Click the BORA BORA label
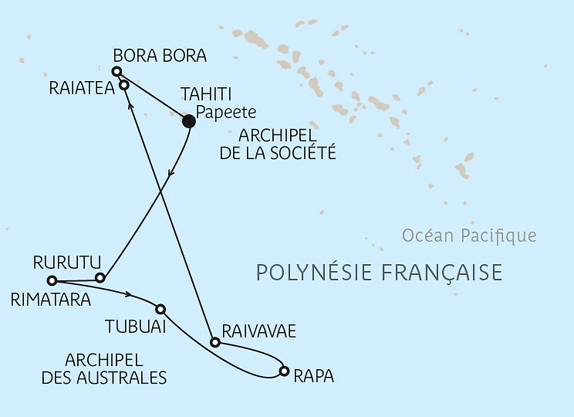[160, 56]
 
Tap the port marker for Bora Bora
[116, 72]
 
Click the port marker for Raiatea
[123, 86]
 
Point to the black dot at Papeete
[187, 120]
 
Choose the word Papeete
[225, 112]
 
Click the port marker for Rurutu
[100, 277]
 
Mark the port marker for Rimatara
[52, 280]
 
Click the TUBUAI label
[136, 327]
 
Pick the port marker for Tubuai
[160, 308]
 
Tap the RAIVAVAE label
[258, 331]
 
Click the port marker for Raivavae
[216, 341]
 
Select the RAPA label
[314, 377]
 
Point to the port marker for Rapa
[285, 371]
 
